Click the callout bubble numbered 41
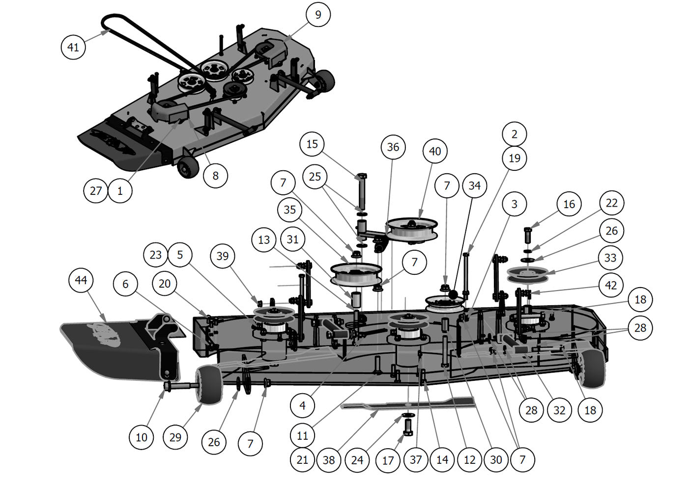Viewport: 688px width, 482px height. pyautogui.click(x=73, y=47)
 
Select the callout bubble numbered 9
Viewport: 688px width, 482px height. pyautogui.click(x=318, y=15)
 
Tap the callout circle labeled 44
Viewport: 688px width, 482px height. pyautogui.click(x=81, y=280)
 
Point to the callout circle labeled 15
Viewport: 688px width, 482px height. pyautogui.click(x=312, y=144)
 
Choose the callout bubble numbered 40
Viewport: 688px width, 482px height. pyautogui.click(x=435, y=151)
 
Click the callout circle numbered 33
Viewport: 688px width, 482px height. pyautogui.click(x=610, y=258)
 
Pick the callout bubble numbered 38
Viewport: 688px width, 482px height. pyautogui.click(x=329, y=460)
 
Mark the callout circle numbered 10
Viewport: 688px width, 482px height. pyautogui.click(x=142, y=437)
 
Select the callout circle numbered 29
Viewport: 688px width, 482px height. pyautogui.click(x=175, y=437)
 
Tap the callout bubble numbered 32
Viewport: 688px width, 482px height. pyautogui.click(x=560, y=410)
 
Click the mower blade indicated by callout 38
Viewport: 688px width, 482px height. pyautogui.click(x=408, y=403)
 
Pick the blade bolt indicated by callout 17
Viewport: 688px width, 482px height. pyautogui.click(x=407, y=426)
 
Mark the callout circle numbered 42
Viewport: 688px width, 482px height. pyautogui.click(x=610, y=285)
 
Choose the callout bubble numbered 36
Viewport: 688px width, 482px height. pyautogui.click(x=393, y=147)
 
